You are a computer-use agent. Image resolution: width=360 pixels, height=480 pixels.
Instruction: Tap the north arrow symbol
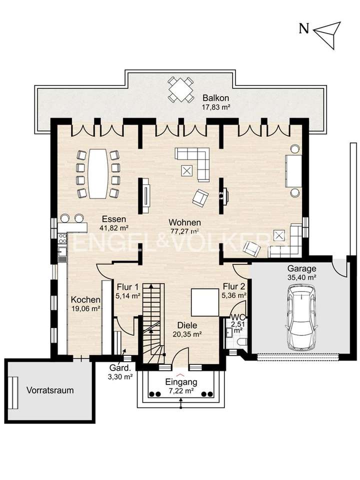[328, 35]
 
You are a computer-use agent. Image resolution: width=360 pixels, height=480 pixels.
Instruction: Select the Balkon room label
[216, 98]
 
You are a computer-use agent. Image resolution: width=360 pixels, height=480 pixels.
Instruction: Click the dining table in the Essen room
[98, 173]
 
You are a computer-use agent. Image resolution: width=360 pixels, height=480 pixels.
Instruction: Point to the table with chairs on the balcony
[180, 89]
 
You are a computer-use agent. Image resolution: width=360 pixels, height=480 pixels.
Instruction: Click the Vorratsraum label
[50, 390]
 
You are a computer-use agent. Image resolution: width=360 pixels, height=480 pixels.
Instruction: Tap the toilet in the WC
[242, 342]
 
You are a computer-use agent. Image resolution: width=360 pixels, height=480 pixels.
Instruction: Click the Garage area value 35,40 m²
[302, 277]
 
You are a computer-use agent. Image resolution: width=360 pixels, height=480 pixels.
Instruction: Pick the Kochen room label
[85, 299]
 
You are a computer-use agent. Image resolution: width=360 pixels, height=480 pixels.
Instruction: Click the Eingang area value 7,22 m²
[181, 390]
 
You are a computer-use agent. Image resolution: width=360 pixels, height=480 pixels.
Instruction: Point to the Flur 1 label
[127, 287]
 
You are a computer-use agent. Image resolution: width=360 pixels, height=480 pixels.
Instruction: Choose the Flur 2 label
[234, 286]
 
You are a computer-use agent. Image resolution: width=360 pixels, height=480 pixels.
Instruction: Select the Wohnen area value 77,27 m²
[185, 231]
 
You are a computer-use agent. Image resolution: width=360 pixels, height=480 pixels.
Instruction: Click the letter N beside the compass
[303, 29]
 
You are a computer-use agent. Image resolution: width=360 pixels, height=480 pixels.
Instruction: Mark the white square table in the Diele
[204, 302]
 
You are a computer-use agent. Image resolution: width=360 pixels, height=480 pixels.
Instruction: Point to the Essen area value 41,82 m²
[113, 228]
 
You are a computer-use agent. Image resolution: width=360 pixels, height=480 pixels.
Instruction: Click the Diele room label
[187, 325]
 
